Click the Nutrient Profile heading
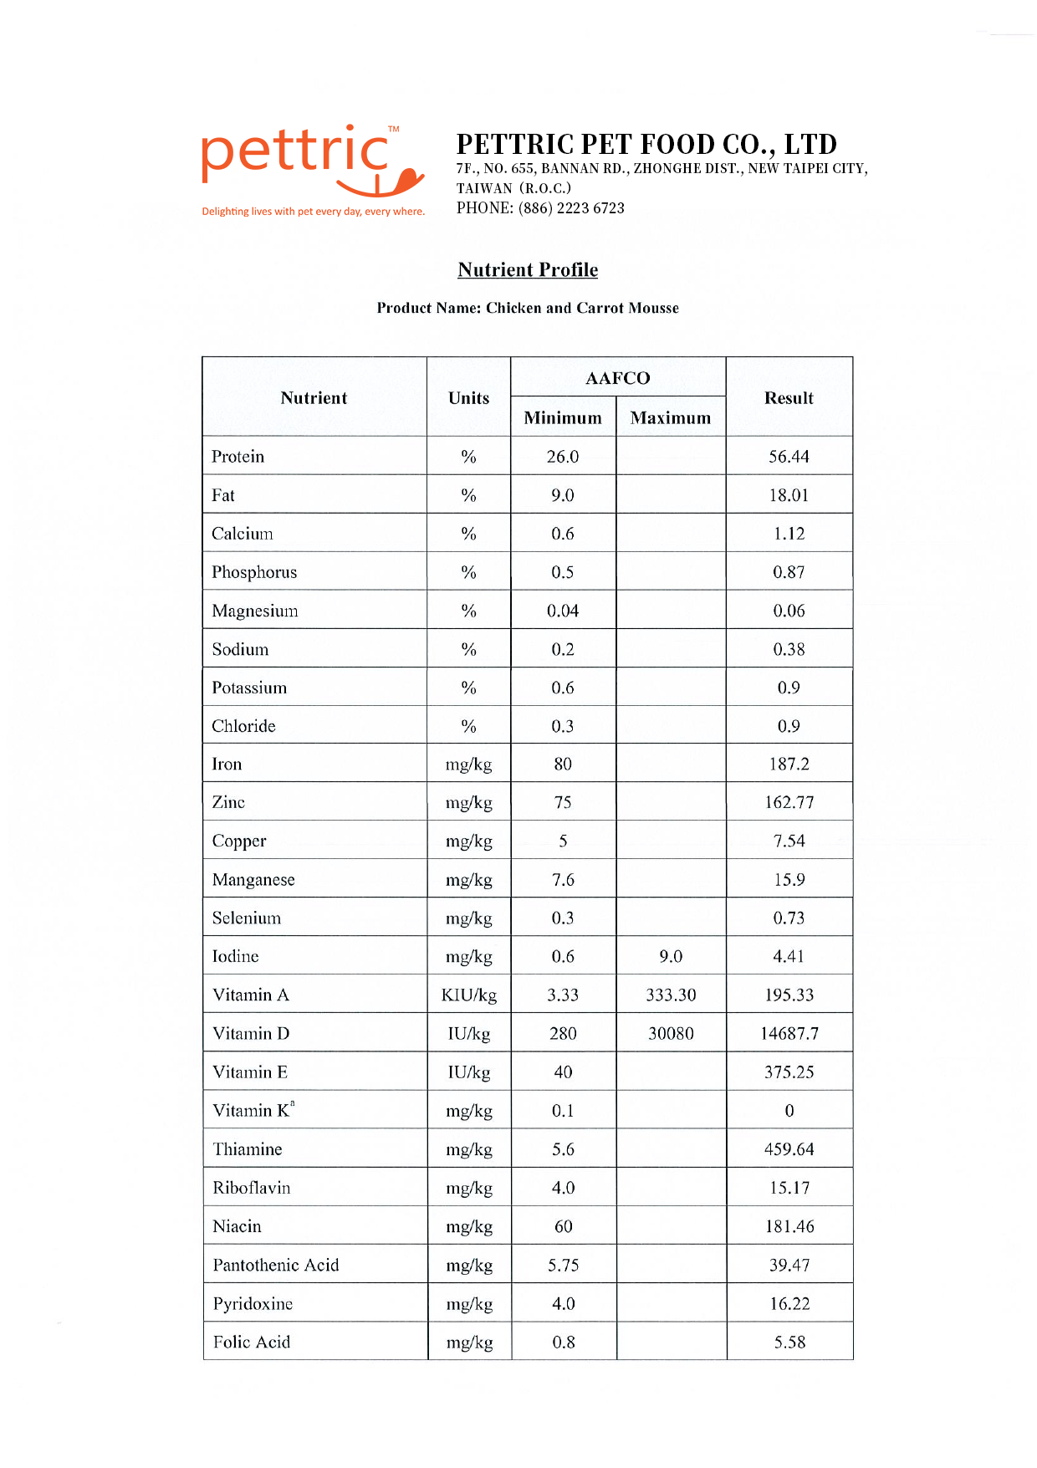528,269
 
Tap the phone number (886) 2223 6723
571,208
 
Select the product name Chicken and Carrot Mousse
582,308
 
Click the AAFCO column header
617,378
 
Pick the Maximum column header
671,417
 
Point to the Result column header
789,398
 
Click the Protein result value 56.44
789,457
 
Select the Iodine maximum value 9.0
671,956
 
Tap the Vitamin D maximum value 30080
671,1034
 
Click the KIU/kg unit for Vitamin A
469,995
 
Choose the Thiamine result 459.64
789,1149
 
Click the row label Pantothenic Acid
276,1265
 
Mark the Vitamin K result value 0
789,1111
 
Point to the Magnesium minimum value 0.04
563,611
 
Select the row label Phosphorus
254,572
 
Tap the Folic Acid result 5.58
789,1342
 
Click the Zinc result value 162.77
789,802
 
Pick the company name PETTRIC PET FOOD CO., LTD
646,144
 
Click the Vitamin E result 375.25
789,1072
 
